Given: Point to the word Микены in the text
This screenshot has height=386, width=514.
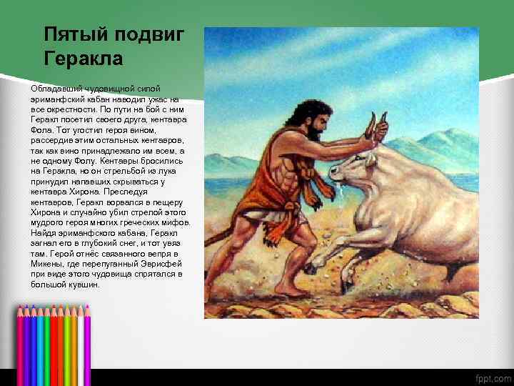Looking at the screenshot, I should tap(47, 263).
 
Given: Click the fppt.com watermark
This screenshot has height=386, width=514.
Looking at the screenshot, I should tap(492, 377).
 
